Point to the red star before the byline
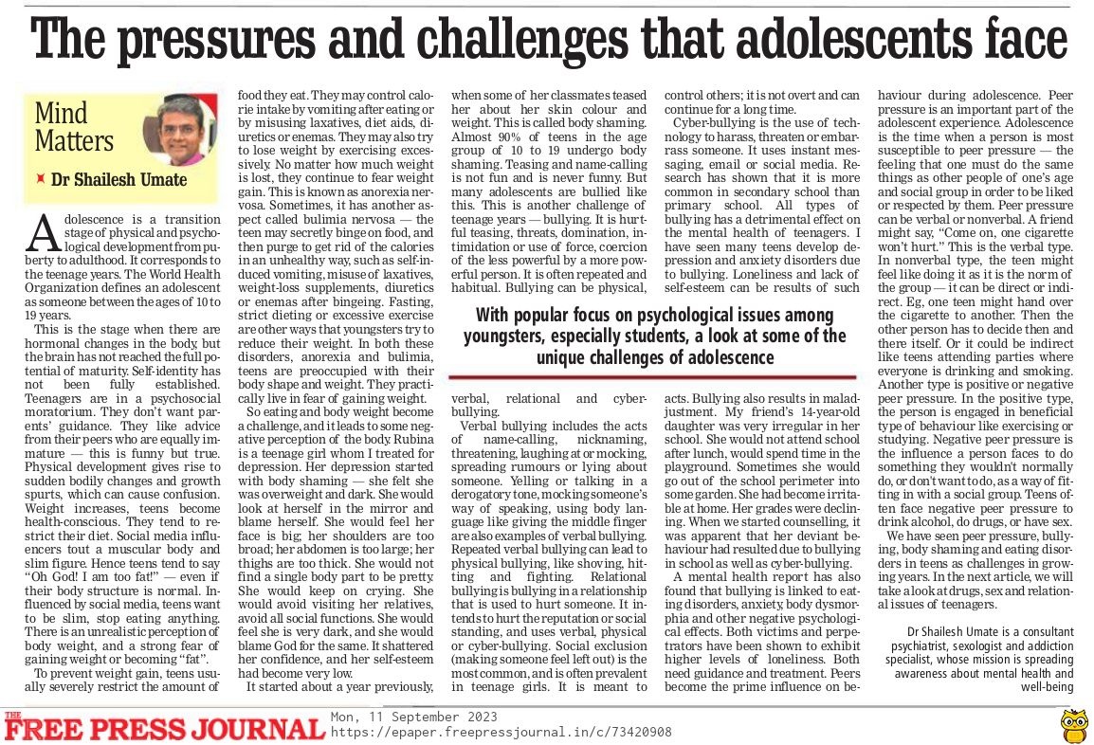click(40, 178)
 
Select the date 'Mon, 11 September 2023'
click(413, 717)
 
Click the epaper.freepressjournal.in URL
click(501, 732)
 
